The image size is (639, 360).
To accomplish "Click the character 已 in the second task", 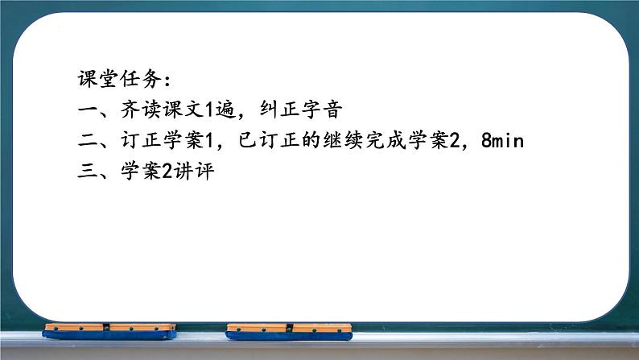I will click(x=249, y=142).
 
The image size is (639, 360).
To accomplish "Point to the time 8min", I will click(x=502, y=142).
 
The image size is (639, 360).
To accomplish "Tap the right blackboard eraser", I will click(x=289, y=331).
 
